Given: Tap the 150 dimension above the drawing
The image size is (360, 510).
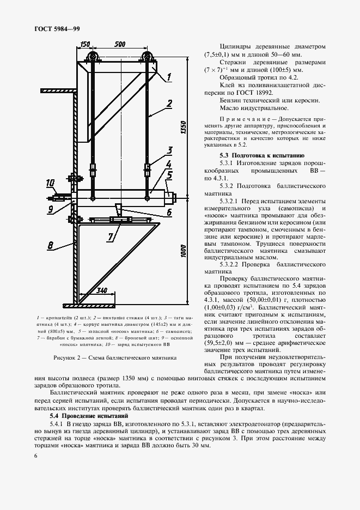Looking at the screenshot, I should pyautogui.click(x=84, y=44).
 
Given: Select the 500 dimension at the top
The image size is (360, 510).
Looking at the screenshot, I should pyautogui.click(x=121, y=44).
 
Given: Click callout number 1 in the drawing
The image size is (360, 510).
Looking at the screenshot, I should pyautogui.click(x=169, y=77).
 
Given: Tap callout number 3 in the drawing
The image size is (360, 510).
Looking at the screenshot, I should pyautogui.click(x=170, y=150).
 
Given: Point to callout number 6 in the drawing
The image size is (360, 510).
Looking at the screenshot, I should pyautogui.click(x=170, y=212).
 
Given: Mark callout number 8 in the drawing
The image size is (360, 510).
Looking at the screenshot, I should pyautogui.click(x=50, y=246).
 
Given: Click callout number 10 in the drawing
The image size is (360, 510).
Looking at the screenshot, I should pyautogui.click(x=51, y=183).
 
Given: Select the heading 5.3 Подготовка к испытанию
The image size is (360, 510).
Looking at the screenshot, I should pyautogui.click(x=251, y=155).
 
